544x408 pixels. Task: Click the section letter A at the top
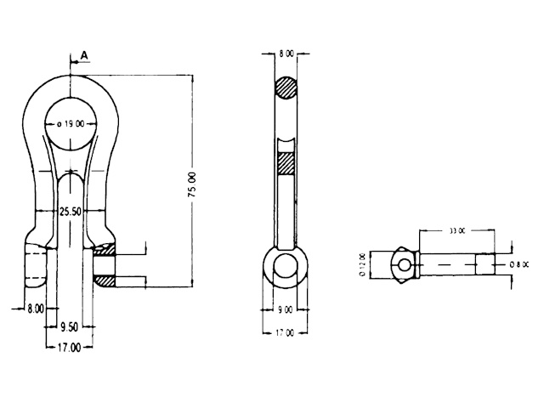(83, 55)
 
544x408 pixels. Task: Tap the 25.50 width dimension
(70, 212)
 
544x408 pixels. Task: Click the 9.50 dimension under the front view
(70, 326)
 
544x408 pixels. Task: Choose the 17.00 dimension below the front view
(70, 346)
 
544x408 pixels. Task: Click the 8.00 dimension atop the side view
(286, 54)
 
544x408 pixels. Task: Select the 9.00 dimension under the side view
(284, 309)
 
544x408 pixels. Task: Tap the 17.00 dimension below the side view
(284, 333)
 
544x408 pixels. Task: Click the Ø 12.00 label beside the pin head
(363, 264)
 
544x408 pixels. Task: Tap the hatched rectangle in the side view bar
(286, 161)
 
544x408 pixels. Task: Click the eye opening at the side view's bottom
(285, 266)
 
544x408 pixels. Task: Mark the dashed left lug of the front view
(35, 266)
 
